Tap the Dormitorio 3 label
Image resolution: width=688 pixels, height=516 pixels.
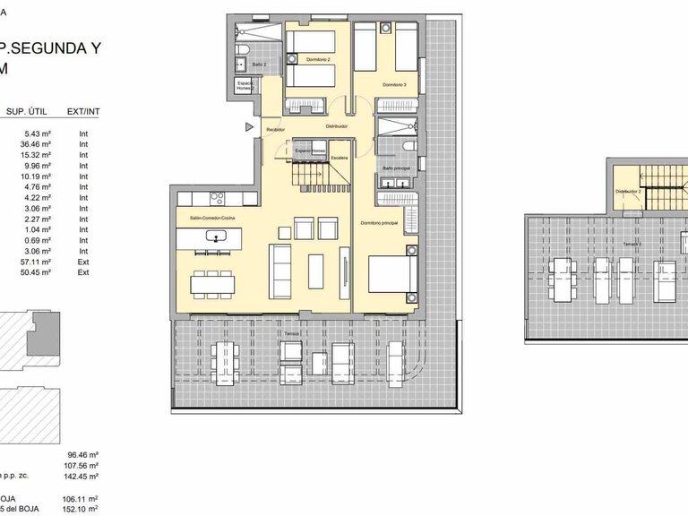394,85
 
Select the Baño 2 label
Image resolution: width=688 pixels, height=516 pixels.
259,64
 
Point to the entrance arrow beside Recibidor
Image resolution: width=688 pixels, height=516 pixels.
249,128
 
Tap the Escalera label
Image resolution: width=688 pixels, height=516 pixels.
339,158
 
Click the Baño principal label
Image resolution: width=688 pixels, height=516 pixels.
395,168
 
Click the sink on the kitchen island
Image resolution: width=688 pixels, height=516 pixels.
217,237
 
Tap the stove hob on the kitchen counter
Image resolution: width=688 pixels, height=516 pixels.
216,199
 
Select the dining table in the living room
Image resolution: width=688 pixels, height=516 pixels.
213,284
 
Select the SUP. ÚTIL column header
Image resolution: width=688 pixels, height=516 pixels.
27,112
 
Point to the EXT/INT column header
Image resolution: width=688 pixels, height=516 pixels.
83,112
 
